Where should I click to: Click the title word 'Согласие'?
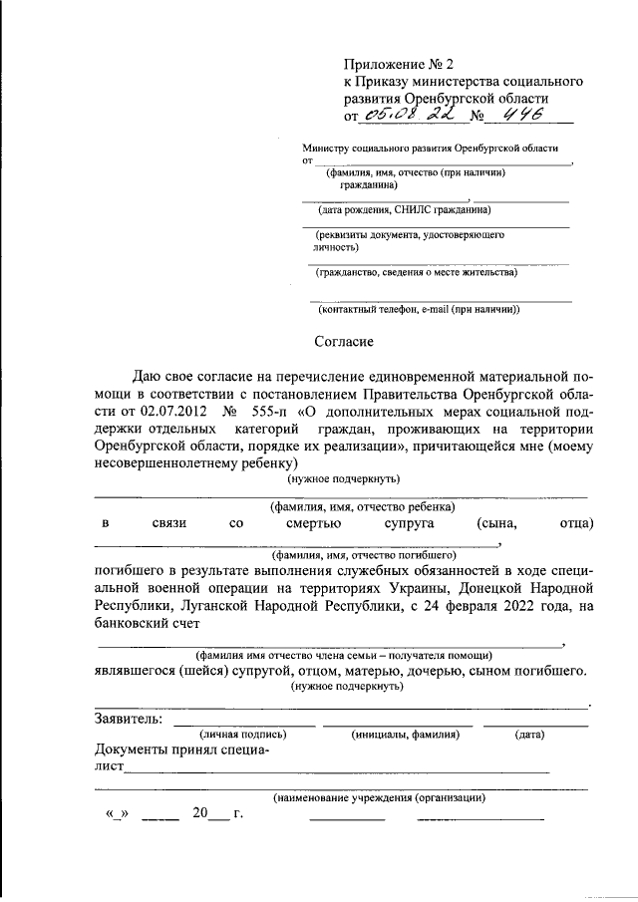click(x=344, y=341)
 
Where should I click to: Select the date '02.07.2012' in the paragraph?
click(x=177, y=411)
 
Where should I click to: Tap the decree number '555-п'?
click(x=272, y=411)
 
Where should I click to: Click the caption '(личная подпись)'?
click(x=243, y=735)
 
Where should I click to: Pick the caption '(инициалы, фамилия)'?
click(x=405, y=735)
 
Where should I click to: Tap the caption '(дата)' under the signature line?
click(x=529, y=735)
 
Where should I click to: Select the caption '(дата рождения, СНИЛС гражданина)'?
click(x=404, y=210)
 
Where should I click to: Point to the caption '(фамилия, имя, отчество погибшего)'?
click(x=364, y=553)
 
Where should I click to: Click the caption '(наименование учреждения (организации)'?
click(x=379, y=797)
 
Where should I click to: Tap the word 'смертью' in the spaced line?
click(x=313, y=523)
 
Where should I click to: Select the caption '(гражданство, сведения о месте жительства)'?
click(x=417, y=272)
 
